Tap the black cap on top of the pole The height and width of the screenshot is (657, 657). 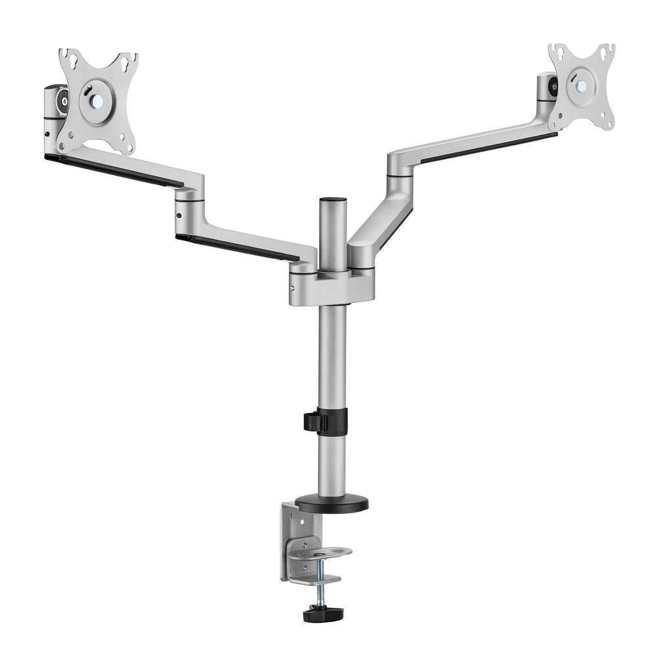pos(332,198)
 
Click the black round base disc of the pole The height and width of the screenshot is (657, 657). pos(331,504)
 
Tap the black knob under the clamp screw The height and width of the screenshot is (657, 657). pos(323,614)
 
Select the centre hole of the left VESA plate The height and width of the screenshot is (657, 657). pos(97,101)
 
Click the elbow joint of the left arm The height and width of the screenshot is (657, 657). pos(189,197)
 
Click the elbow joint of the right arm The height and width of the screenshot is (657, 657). pos(400,168)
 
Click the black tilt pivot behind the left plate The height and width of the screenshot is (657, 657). pos(64,101)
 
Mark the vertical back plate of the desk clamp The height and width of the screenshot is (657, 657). pos(290,539)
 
